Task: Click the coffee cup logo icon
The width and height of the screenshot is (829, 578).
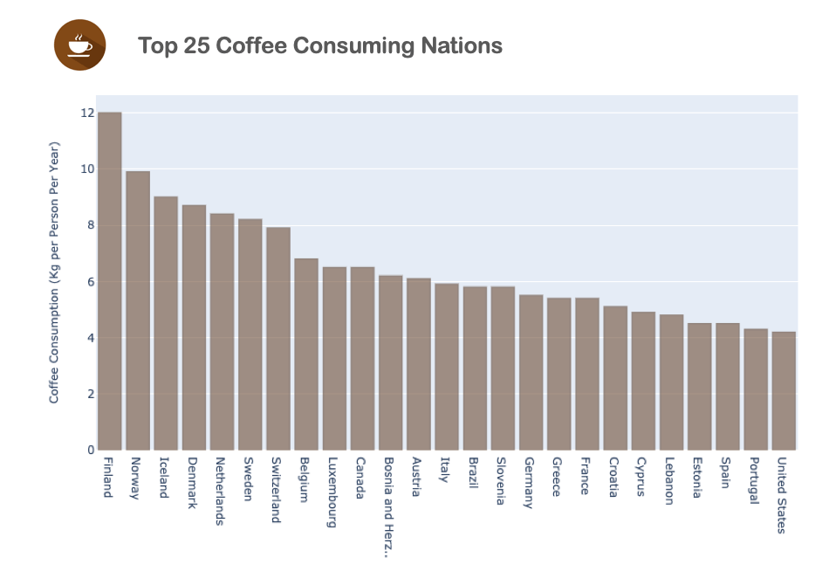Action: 79,45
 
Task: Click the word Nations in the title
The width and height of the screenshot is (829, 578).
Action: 460,45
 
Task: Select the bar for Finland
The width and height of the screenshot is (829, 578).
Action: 109,281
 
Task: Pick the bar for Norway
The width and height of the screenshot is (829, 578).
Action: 138,311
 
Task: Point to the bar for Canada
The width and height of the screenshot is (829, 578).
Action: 362,358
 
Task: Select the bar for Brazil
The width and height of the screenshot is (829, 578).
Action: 475,368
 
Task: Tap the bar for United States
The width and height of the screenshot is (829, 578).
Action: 784,390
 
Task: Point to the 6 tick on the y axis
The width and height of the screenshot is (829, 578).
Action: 90,281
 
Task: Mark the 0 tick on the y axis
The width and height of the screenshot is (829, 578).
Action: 90,451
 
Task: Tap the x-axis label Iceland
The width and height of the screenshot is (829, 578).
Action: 164,478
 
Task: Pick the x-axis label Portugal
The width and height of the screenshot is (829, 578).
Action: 755,481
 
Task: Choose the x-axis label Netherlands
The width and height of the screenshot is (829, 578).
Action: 221,491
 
